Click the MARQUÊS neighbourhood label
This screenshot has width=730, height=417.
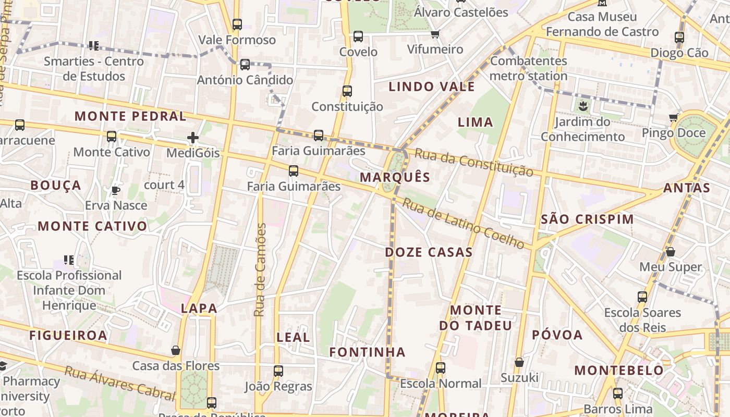coord(395,177)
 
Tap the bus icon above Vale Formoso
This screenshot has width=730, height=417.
coord(237,24)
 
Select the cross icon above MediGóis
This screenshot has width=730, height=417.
coord(193,138)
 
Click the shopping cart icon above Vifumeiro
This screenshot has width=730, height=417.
coord(435,34)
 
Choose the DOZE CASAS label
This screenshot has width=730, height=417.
coord(429,252)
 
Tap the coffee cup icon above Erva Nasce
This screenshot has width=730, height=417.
coord(116,191)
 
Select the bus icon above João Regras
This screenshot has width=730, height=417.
coord(278,371)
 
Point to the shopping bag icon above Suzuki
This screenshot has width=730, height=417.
coord(519,362)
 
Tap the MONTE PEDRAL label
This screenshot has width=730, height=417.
coord(130,116)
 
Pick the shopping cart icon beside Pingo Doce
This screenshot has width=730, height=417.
coord(674,118)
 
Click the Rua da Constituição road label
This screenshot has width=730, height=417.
coord(474,163)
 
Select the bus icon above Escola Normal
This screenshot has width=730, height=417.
coord(441,368)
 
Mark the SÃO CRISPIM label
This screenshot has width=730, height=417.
coord(587,219)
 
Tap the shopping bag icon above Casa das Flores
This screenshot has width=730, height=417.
coord(176,350)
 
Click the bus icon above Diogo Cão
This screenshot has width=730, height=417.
coord(679,38)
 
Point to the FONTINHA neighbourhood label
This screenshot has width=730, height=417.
coord(367,352)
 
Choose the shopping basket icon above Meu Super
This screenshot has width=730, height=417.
coord(671,252)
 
